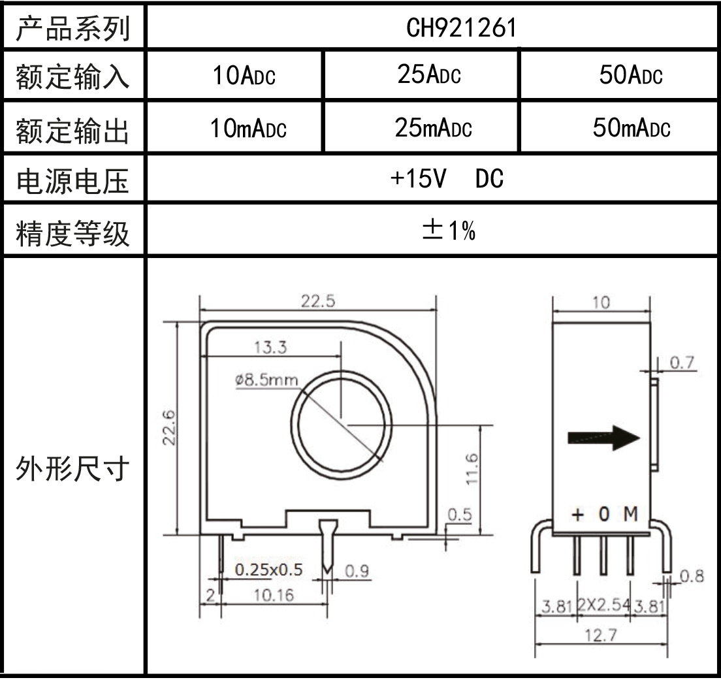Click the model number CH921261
pyautogui.click(x=462, y=27)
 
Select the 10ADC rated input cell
pyautogui.click(x=244, y=77)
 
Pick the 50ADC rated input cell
pyautogui.click(x=630, y=76)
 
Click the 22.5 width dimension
pyautogui.click(x=318, y=301)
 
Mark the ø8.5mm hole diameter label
pyautogui.click(x=266, y=380)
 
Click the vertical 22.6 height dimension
pyautogui.click(x=169, y=427)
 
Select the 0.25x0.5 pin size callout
pyautogui.click(x=268, y=570)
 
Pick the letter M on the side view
pyautogui.click(x=630, y=515)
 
